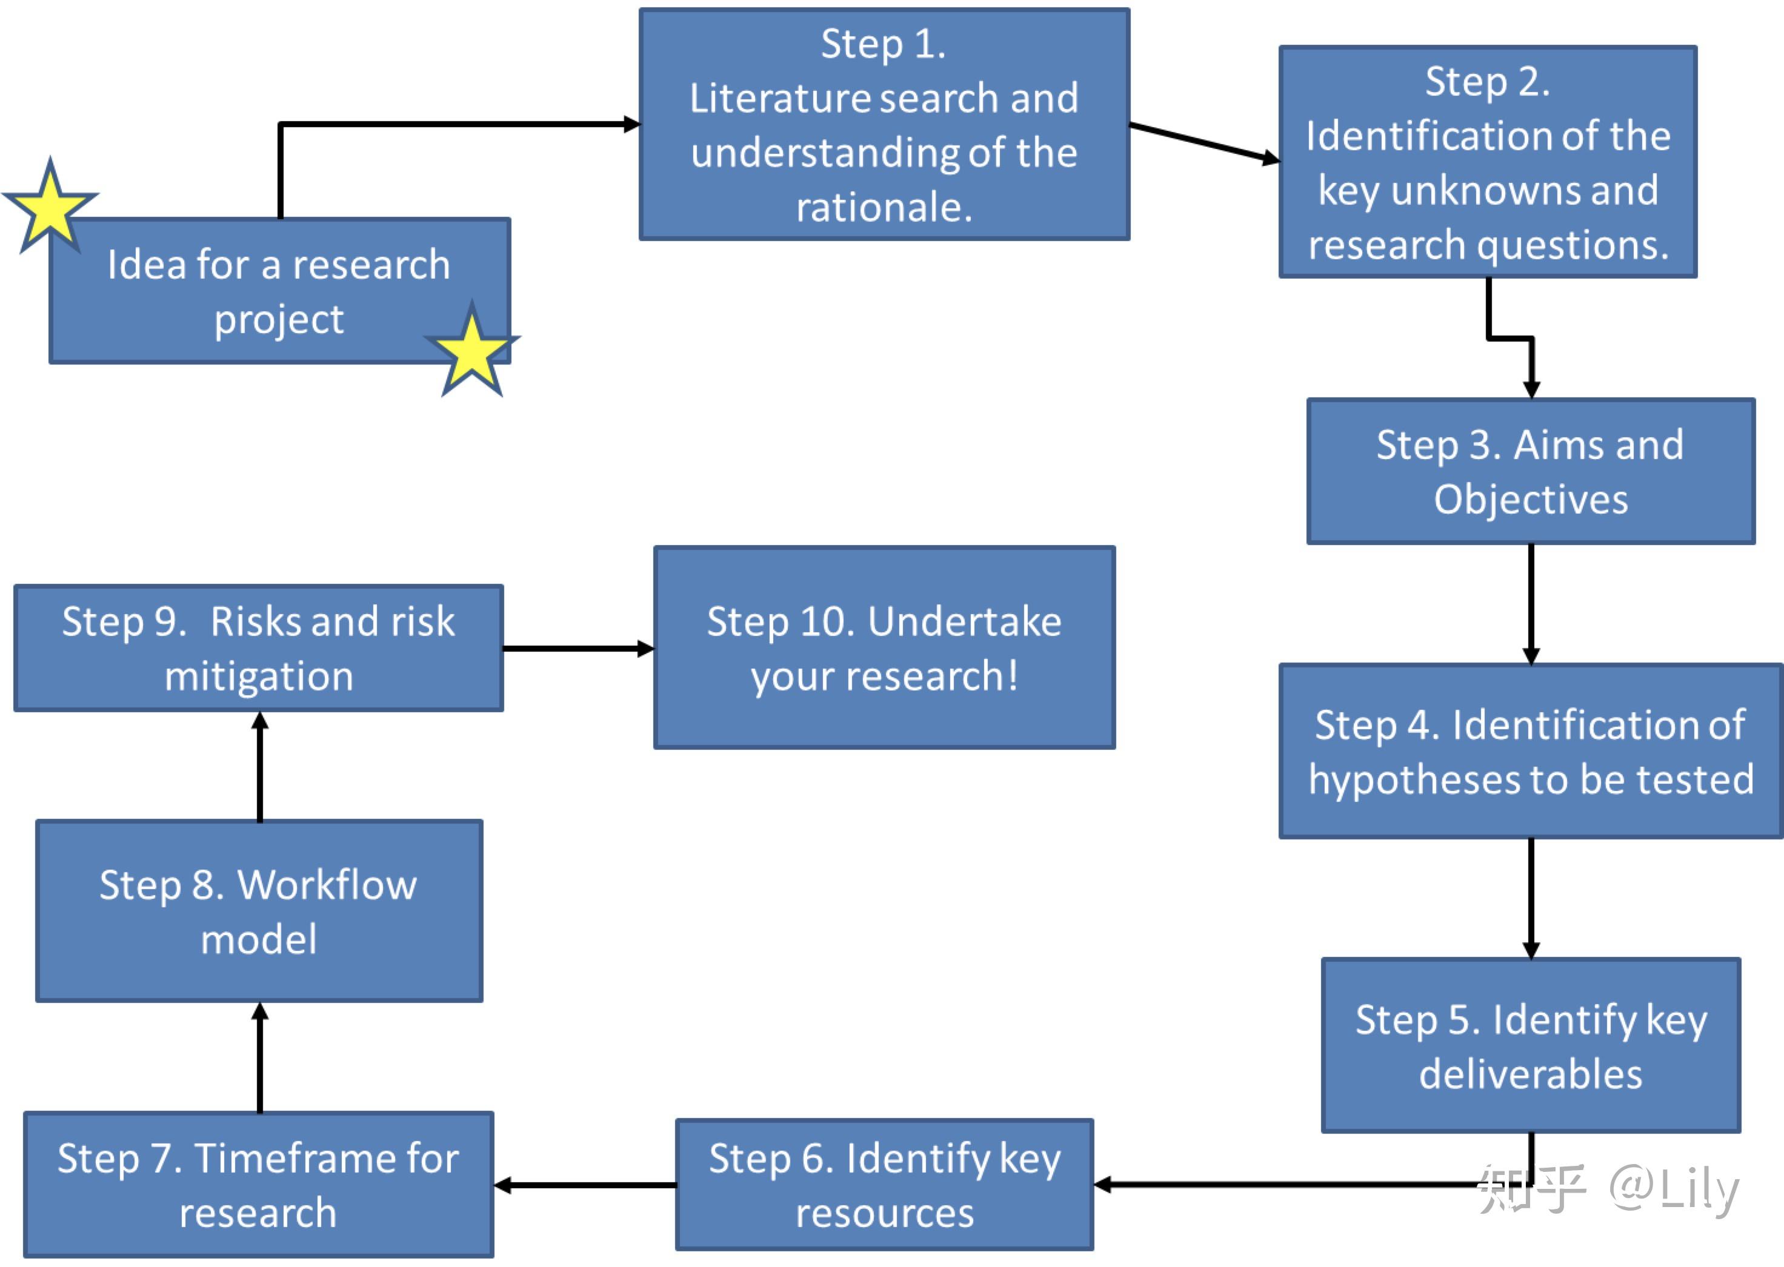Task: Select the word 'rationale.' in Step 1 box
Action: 884,208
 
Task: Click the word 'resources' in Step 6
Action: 884,1213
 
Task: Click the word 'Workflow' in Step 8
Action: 327,885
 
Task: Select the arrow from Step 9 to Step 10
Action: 577,648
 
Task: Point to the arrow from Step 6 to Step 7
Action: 585,1185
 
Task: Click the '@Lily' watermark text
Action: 1673,1189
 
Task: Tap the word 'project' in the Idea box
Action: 279,320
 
